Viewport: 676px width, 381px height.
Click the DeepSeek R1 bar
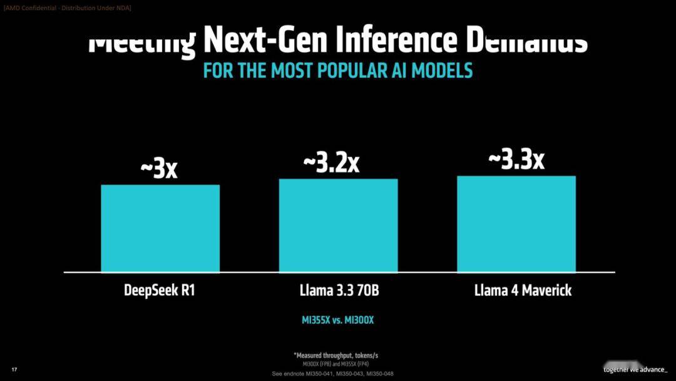(x=160, y=228)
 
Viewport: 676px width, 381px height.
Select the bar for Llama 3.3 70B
(x=338, y=225)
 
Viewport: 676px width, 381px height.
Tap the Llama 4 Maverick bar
(x=516, y=224)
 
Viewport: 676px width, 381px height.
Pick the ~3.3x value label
(x=516, y=160)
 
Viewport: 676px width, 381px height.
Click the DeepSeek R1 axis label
(x=160, y=291)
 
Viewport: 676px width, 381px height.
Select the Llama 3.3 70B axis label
(x=338, y=291)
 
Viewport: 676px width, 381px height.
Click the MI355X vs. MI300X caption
(x=338, y=320)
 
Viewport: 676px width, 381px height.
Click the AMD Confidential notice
(x=67, y=8)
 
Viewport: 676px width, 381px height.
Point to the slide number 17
(x=14, y=370)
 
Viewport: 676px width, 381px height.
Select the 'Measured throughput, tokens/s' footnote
(x=335, y=355)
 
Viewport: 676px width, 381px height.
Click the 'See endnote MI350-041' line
(x=333, y=373)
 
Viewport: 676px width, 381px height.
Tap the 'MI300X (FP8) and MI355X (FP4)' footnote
(x=332, y=363)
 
